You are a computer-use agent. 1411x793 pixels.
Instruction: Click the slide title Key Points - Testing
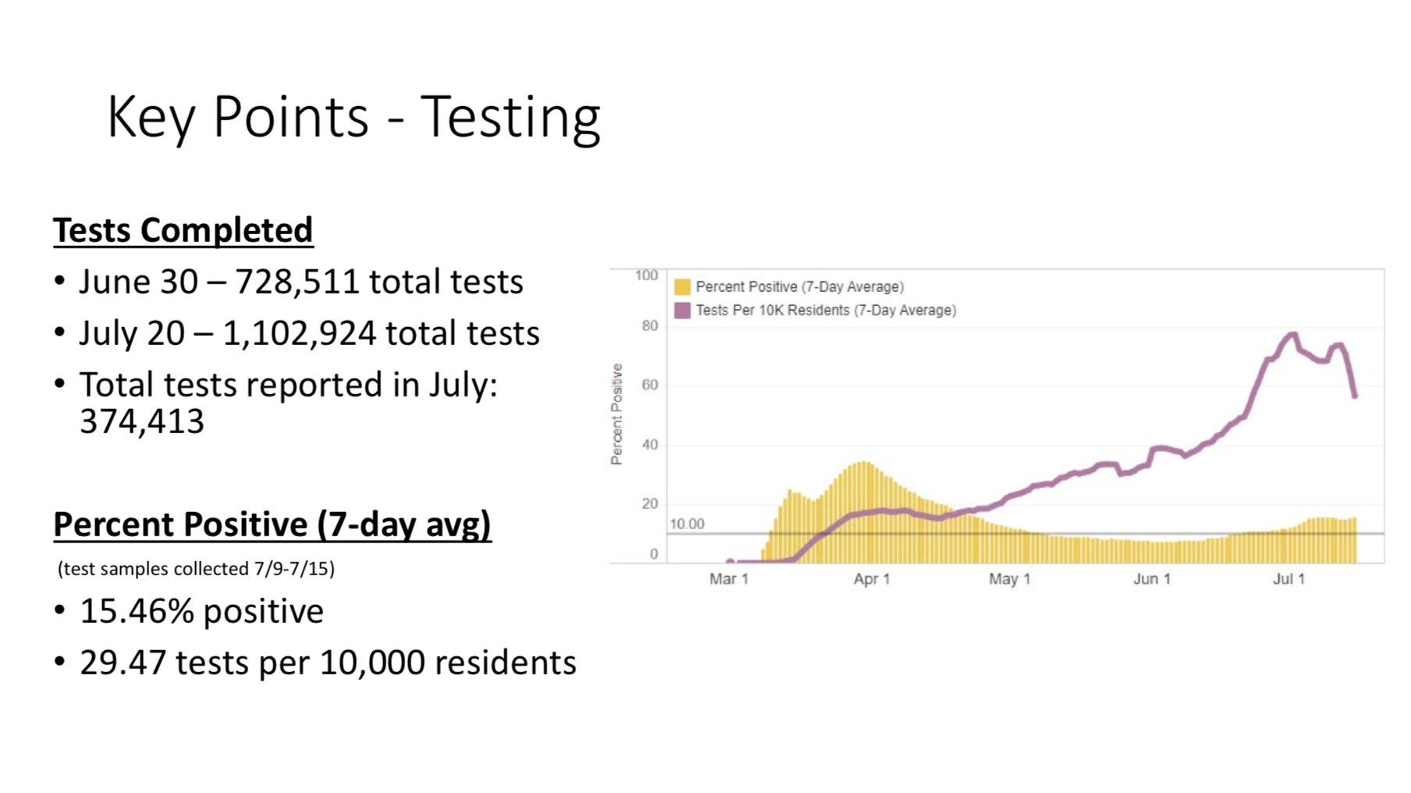(x=354, y=117)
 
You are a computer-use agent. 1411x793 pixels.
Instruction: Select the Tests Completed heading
(x=183, y=230)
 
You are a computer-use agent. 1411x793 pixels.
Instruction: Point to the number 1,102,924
(x=300, y=333)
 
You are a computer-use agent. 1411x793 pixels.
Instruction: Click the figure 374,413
(x=142, y=421)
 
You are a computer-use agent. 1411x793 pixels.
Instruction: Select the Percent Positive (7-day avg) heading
(x=272, y=525)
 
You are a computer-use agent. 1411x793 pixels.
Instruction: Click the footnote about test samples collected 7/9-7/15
(x=196, y=568)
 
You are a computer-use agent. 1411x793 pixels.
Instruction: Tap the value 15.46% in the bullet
(x=137, y=611)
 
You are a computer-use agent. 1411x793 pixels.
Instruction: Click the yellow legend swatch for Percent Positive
(x=682, y=287)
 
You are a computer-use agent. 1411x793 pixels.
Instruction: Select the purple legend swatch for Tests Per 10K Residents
(x=682, y=311)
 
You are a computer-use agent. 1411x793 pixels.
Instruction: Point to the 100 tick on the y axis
(x=646, y=276)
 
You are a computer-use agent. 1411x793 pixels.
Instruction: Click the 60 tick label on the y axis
(x=649, y=385)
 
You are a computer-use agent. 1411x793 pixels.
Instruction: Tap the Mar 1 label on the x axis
(x=729, y=579)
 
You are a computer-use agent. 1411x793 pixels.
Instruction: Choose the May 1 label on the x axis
(x=1009, y=579)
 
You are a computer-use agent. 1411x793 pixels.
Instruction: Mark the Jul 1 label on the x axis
(x=1288, y=579)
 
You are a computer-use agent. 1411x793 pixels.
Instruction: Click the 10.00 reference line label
(x=687, y=524)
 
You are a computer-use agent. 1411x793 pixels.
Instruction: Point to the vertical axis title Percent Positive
(x=617, y=414)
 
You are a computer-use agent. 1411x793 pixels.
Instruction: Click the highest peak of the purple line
(x=1292, y=335)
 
